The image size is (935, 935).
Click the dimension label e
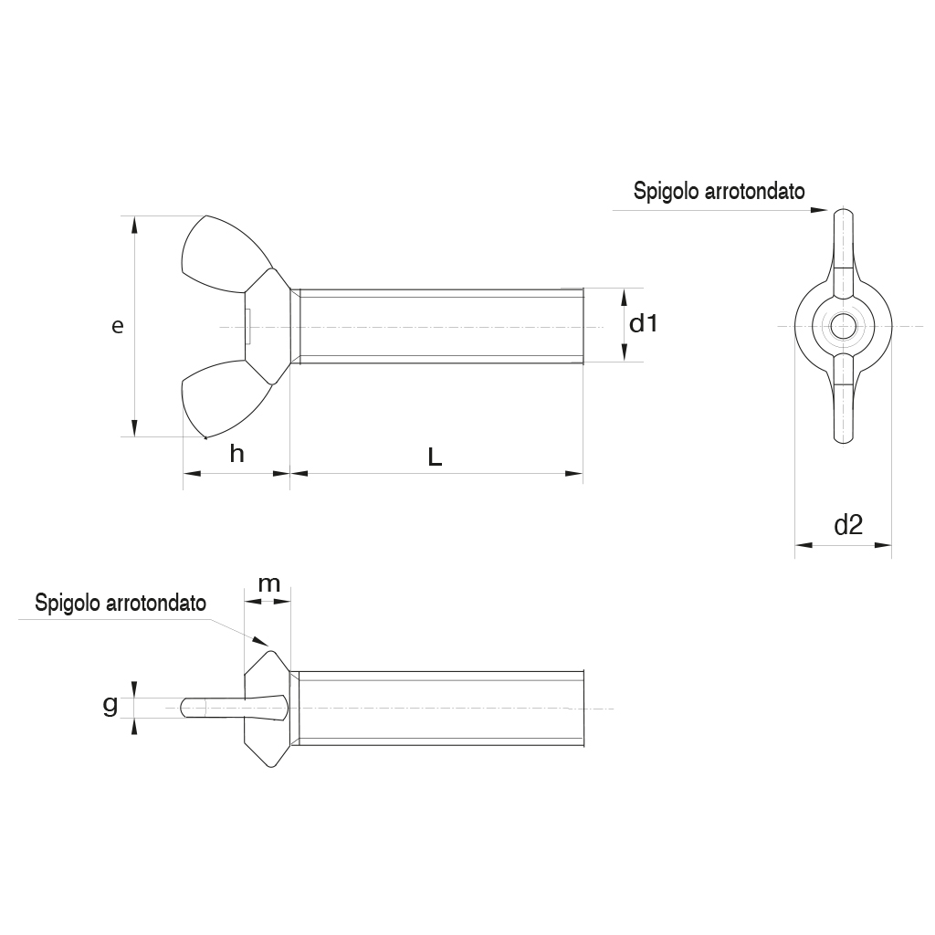tap(117, 326)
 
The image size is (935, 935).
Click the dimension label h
tap(236, 454)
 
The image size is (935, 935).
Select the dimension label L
tap(435, 457)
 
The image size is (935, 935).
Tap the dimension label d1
tap(644, 323)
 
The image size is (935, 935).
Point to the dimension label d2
tap(848, 524)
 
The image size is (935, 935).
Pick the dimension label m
tap(268, 584)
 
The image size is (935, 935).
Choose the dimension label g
tap(110, 704)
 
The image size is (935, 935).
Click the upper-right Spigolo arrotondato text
tap(719, 192)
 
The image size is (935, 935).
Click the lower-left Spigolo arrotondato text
tap(121, 603)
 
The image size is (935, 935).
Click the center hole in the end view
tap(844, 326)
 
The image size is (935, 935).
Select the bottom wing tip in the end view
tap(844, 434)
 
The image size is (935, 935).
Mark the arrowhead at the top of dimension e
tap(135, 225)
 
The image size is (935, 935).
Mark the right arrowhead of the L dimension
tap(575, 473)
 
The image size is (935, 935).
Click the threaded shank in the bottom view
tap(438, 709)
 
